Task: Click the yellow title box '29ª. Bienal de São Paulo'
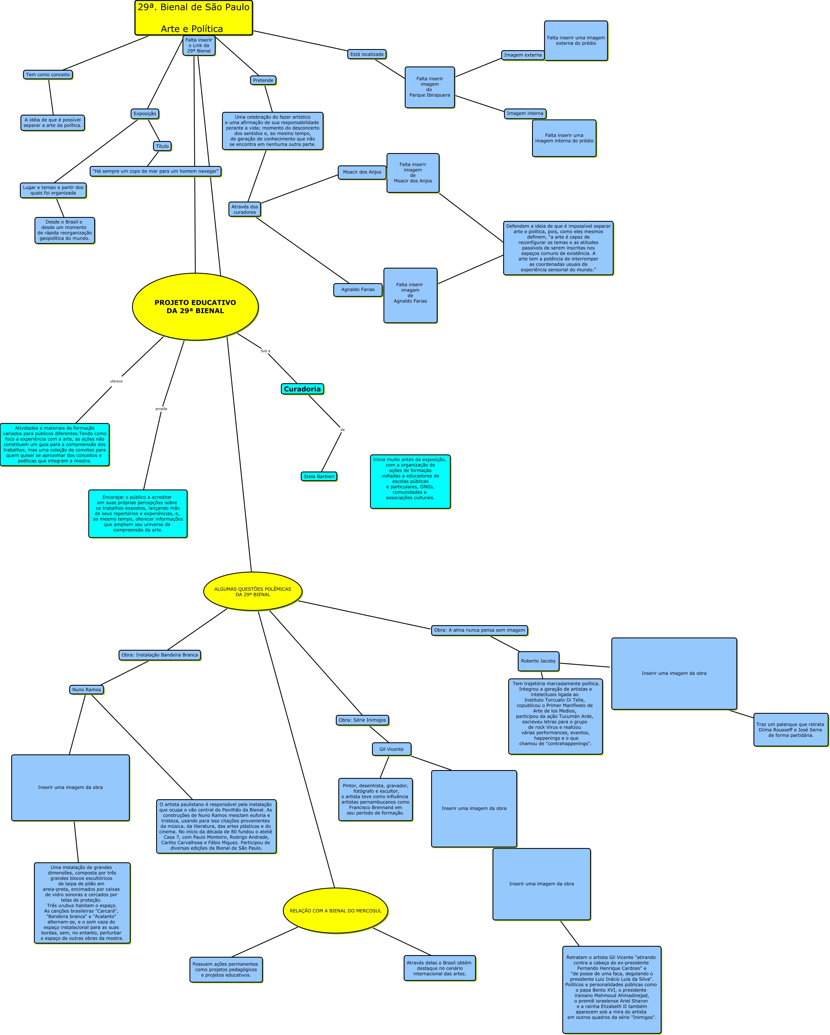(x=193, y=18)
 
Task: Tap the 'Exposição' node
(x=145, y=114)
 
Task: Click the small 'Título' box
(x=162, y=146)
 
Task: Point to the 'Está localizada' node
(x=367, y=55)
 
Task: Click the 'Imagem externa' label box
(x=523, y=55)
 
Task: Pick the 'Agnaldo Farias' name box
(x=358, y=290)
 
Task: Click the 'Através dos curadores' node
(x=245, y=210)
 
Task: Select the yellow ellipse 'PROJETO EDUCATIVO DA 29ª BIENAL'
(x=195, y=307)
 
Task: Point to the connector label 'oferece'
(x=116, y=382)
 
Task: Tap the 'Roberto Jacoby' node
(x=538, y=661)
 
